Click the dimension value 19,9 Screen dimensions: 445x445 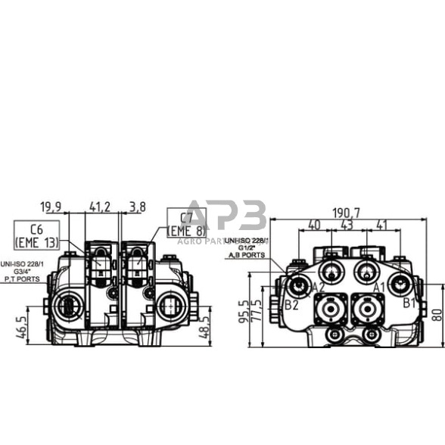(x=51, y=206)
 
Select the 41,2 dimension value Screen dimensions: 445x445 (x=101, y=206)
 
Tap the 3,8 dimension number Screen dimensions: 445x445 (x=138, y=206)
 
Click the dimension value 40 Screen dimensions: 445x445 (x=314, y=226)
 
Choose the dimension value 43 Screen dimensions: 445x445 (x=347, y=226)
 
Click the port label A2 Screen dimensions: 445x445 (x=318, y=287)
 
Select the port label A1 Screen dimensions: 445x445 (x=379, y=287)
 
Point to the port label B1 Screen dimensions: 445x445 (x=409, y=303)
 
